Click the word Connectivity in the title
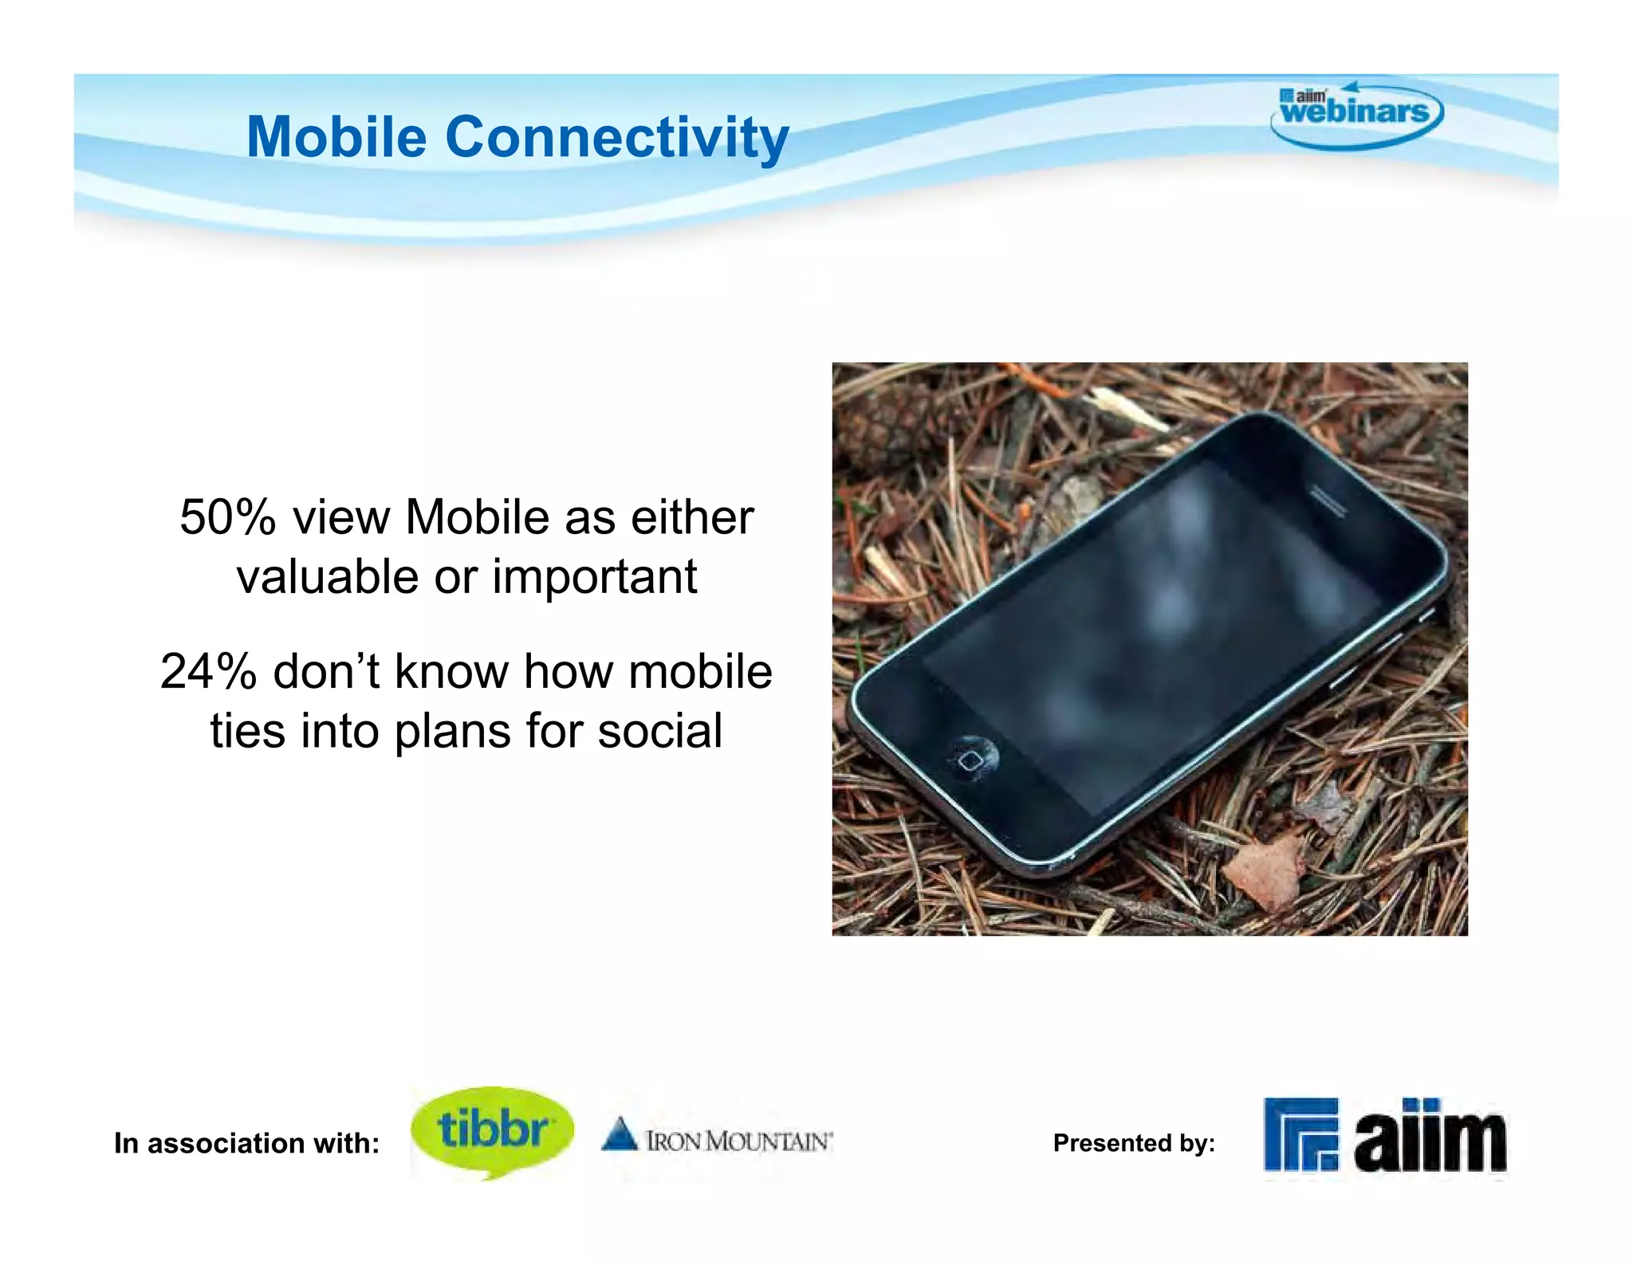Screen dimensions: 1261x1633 click(616, 139)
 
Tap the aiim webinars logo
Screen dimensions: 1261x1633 click(1356, 114)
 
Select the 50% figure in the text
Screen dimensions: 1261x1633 click(227, 517)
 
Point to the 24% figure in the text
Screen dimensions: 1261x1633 click(208, 671)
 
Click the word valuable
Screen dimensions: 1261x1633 click(328, 577)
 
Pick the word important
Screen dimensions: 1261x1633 click(595, 577)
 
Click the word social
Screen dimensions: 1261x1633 click(659, 731)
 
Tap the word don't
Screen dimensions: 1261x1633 click(327, 671)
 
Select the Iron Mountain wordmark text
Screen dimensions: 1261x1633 click(738, 1141)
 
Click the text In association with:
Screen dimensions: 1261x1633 click(246, 1143)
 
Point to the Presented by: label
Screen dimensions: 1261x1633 click(1133, 1143)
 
